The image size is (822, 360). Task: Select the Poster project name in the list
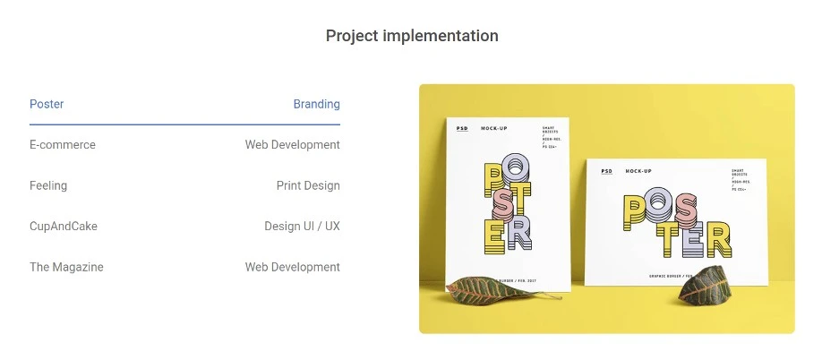(x=47, y=104)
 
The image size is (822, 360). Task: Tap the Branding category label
(x=316, y=104)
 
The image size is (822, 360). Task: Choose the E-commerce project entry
(x=63, y=144)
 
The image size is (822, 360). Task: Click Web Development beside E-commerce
(x=292, y=144)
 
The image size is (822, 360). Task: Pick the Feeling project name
(x=48, y=185)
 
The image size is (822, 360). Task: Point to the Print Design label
(x=308, y=185)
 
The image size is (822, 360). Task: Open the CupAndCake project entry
(x=64, y=226)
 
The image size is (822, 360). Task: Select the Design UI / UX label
(x=302, y=226)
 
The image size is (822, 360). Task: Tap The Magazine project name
(x=66, y=267)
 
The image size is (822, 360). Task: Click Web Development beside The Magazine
(x=292, y=267)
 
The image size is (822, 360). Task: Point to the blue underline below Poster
(x=184, y=124)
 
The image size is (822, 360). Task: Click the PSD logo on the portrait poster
(x=462, y=128)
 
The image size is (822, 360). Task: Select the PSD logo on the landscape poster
(x=607, y=170)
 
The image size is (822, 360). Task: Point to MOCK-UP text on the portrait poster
(x=494, y=128)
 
